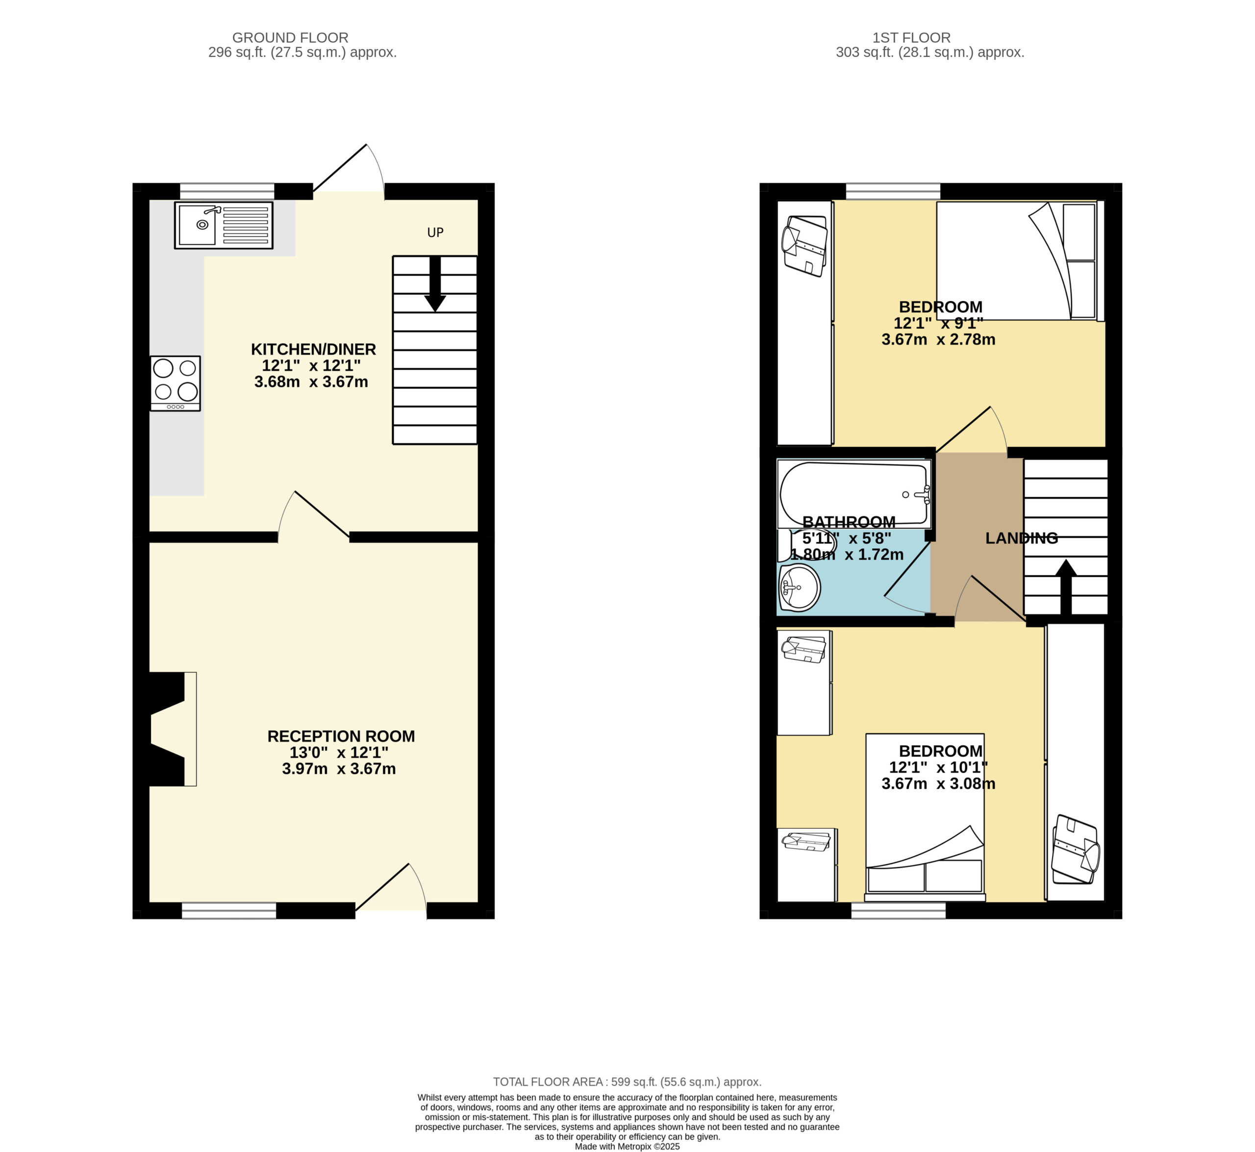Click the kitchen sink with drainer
(x=224, y=225)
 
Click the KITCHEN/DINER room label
(x=313, y=349)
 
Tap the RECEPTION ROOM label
(x=341, y=736)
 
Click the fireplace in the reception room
(x=173, y=729)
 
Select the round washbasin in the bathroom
(x=800, y=587)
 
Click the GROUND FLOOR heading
(x=290, y=38)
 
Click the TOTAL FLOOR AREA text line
(x=627, y=1082)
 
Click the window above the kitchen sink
(x=227, y=191)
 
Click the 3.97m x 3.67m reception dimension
(x=339, y=768)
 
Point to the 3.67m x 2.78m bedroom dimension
(x=938, y=340)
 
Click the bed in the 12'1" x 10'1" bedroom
(x=926, y=817)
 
